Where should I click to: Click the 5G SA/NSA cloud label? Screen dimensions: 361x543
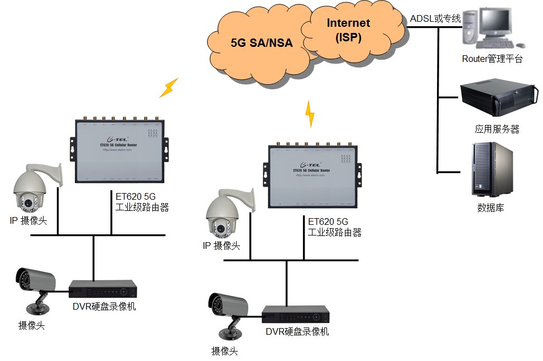point(261,43)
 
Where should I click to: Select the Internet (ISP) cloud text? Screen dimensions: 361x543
point(348,30)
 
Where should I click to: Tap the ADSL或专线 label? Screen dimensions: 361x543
point(435,19)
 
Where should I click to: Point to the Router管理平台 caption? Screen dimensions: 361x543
point(492,59)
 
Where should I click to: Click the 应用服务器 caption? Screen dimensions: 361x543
point(497,129)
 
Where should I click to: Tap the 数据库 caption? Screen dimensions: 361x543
point(490,208)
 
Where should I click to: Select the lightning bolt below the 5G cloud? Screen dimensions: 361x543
point(310,114)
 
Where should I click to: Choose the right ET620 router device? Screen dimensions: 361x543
point(315,174)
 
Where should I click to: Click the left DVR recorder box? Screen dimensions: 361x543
point(103,289)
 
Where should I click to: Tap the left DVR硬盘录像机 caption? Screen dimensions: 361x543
point(104,306)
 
